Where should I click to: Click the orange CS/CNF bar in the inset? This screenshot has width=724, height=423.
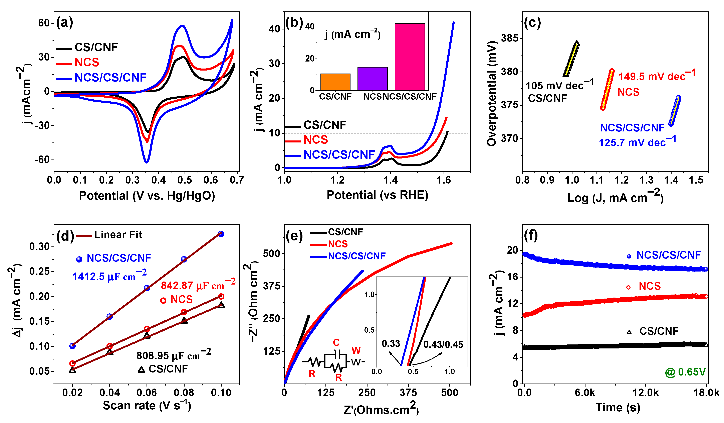(x=335, y=82)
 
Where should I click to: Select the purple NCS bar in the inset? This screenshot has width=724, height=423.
(x=372, y=79)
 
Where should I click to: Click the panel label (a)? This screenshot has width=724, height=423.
(x=65, y=22)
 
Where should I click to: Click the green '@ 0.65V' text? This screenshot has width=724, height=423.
(x=685, y=372)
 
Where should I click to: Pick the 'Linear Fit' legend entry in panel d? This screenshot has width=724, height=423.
(x=118, y=235)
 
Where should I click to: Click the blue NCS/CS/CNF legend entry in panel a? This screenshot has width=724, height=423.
(x=110, y=78)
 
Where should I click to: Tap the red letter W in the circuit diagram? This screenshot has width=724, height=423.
(x=356, y=350)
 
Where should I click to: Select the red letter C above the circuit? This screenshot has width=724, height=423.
(x=336, y=342)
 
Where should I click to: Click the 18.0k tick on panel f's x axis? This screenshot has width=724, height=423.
(x=706, y=393)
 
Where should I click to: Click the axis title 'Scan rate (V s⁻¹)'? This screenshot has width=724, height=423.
(x=147, y=405)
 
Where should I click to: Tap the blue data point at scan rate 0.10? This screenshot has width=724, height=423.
(x=221, y=234)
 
